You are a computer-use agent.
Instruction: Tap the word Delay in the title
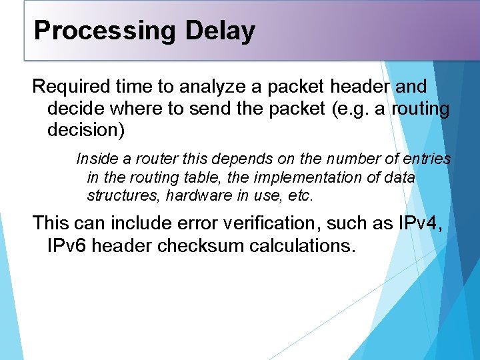coord(220,31)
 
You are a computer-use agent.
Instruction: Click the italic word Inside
coord(95,159)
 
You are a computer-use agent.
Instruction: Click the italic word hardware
coord(194,197)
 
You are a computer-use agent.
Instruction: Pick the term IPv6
coord(67,245)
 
